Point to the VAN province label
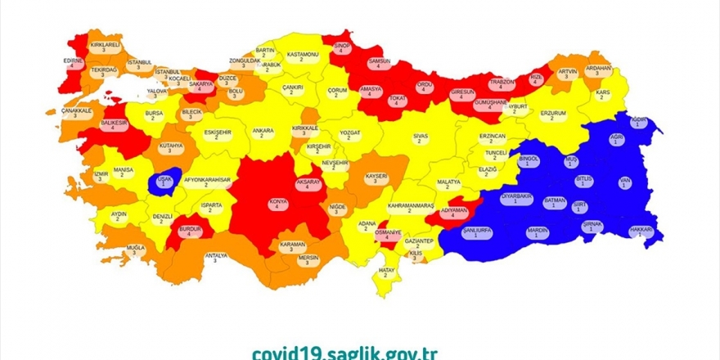(624, 182)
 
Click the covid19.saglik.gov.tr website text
(344, 353)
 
